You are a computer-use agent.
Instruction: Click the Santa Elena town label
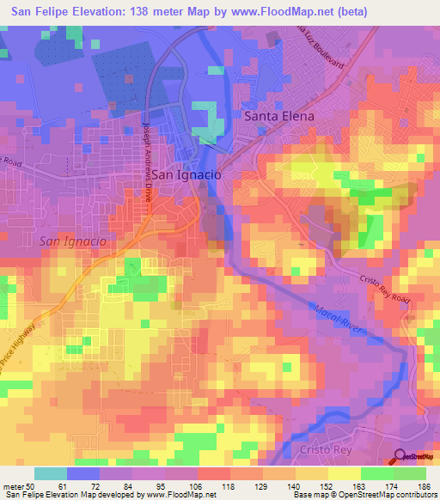279,115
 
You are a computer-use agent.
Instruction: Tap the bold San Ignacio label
186,174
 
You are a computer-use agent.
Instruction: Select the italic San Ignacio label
73,241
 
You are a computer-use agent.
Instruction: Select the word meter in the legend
15,485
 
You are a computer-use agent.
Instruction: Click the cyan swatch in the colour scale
51,473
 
